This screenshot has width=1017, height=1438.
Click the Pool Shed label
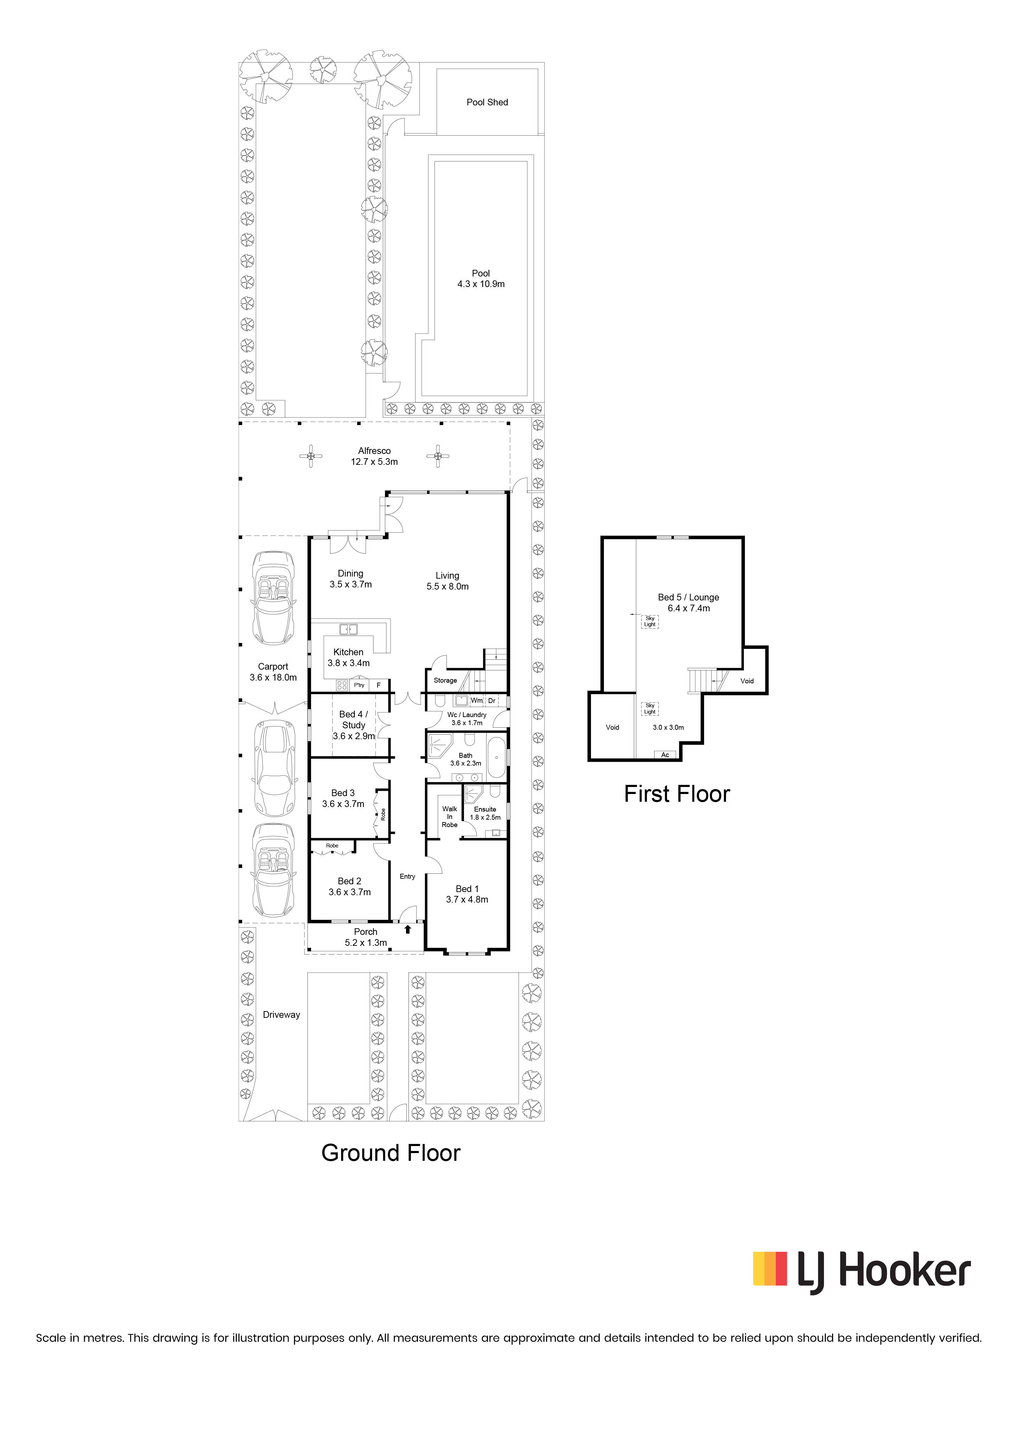[x=487, y=102]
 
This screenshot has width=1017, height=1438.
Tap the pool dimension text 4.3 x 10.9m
[x=481, y=284]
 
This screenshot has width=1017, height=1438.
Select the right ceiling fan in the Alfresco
[x=437, y=456]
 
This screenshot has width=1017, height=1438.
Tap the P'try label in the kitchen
[x=359, y=685]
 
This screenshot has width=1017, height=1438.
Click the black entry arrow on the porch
[x=408, y=929]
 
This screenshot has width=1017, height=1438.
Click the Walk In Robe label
[x=449, y=817]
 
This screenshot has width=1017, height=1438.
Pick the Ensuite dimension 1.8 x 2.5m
[x=485, y=817]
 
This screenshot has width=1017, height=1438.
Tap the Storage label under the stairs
[x=445, y=680]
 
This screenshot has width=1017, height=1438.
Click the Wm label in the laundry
[x=476, y=700]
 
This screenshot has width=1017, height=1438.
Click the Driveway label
[x=281, y=1015]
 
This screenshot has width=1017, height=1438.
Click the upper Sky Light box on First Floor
[x=650, y=621]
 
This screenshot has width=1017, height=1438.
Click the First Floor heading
[x=677, y=794]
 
